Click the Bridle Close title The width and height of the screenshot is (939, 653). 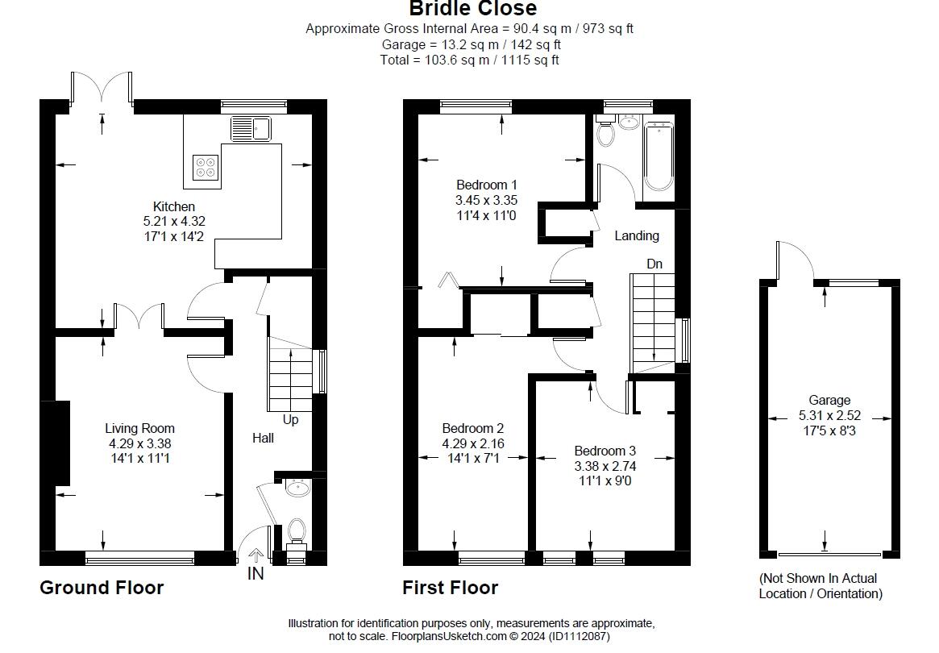(x=472, y=10)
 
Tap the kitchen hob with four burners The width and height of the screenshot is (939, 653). (x=205, y=165)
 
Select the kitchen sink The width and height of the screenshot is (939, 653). (x=251, y=128)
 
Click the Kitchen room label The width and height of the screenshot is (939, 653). (x=174, y=206)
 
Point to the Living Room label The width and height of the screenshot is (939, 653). (x=139, y=429)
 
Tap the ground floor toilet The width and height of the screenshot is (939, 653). (x=296, y=533)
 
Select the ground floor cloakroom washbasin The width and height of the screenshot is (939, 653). (x=298, y=487)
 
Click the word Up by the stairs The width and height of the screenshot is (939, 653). (x=290, y=420)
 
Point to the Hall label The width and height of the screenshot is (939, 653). (x=263, y=438)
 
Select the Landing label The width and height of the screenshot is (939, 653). (x=637, y=236)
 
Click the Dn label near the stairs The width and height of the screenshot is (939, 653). (x=655, y=264)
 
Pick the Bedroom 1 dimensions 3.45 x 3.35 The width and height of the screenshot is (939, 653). (x=486, y=201)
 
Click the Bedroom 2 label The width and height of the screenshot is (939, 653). (x=472, y=429)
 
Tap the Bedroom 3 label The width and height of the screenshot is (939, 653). (x=605, y=451)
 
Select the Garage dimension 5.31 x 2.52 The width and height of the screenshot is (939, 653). (x=829, y=415)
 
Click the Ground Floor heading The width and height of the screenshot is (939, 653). (x=102, y=588)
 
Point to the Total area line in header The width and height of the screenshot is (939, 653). (x=470, y=60)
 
